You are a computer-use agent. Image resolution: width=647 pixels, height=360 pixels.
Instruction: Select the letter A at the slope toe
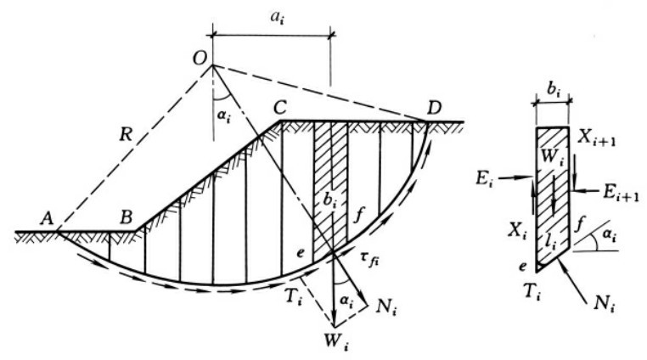coord(46,218)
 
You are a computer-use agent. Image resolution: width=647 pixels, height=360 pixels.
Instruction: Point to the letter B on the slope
coord(126,217)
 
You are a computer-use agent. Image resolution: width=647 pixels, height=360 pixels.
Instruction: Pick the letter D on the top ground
coord(435,109)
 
